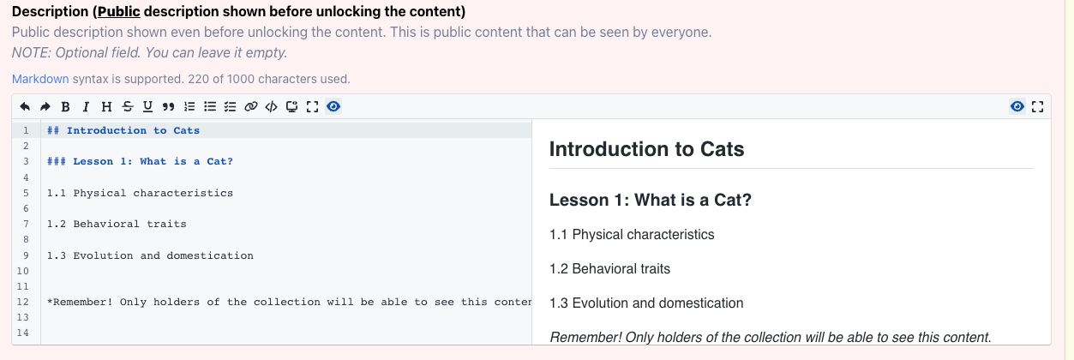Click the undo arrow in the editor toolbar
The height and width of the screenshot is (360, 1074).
click(x=25, y=106)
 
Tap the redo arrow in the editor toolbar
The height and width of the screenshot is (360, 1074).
click(x=45, y=106)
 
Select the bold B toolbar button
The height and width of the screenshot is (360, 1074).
click(x=66, y=106)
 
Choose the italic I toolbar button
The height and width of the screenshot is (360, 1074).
click(x=86, y=106)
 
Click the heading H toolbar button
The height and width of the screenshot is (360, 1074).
click(x=106, y=106)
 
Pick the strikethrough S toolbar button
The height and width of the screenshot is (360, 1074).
click(x=127, y=106)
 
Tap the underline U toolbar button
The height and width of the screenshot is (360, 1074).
click(x=147, y=106)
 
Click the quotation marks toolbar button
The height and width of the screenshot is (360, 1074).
click(x=168, y=106)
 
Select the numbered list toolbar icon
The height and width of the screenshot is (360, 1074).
click(x=189, y=106)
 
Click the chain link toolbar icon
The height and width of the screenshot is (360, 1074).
click(x=251, y=106)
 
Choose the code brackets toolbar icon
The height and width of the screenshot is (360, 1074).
click(x=272, y=106)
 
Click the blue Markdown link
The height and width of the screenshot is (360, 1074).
click(x=40, y=79)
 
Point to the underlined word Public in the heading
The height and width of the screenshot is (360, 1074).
click(x=119, y=11)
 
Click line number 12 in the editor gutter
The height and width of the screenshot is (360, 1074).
click(x=22, y=302)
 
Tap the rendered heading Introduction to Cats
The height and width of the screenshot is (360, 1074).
click(x=647, y=149)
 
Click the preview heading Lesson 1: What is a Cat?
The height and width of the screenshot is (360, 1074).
click(x=651, y=200)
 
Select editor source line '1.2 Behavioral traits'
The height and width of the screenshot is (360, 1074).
click(x=117, y=224)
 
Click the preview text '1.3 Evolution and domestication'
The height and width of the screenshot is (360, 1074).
click(x=646, y=303)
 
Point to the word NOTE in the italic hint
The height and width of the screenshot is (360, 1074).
click(x=31, y=53)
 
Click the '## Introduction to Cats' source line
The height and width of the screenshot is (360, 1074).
click(x=123, y=130)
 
